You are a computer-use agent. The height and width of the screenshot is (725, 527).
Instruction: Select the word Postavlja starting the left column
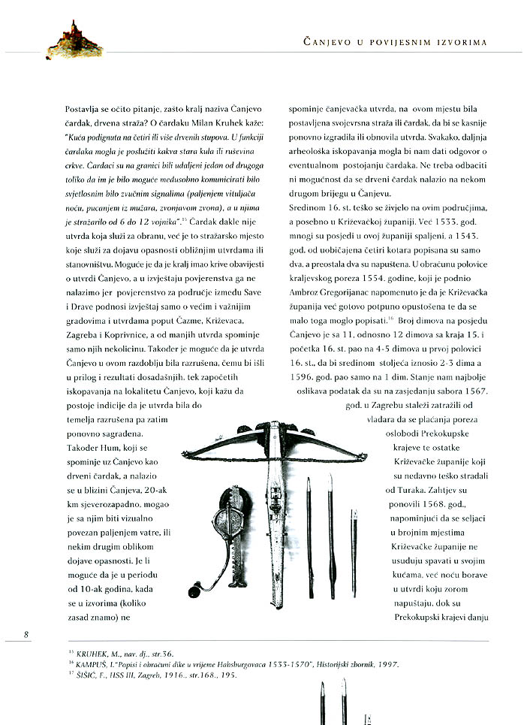tap(83, 110)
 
